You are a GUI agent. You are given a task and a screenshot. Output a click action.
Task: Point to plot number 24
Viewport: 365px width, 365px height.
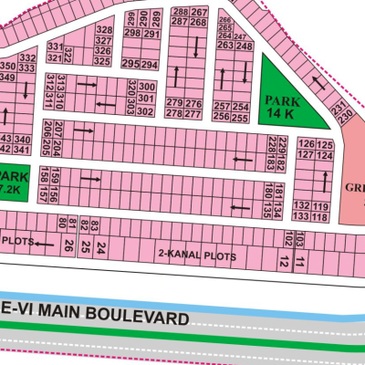[x=101, y=248]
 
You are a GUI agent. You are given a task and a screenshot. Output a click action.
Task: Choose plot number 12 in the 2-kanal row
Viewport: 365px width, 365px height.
[x=285, y=263]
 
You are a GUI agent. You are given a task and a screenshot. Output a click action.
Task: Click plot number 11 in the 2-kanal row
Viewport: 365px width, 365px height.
[x=299, y=265]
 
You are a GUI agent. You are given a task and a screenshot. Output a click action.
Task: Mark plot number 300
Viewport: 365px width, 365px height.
[x=148, y=86]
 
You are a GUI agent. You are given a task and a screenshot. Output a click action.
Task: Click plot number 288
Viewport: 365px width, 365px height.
[x=182, y=11]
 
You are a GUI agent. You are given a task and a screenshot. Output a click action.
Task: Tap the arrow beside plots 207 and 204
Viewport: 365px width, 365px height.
[x=83, y=130]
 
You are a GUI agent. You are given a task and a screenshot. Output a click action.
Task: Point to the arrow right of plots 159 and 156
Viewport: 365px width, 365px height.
[x=89, y=180]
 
